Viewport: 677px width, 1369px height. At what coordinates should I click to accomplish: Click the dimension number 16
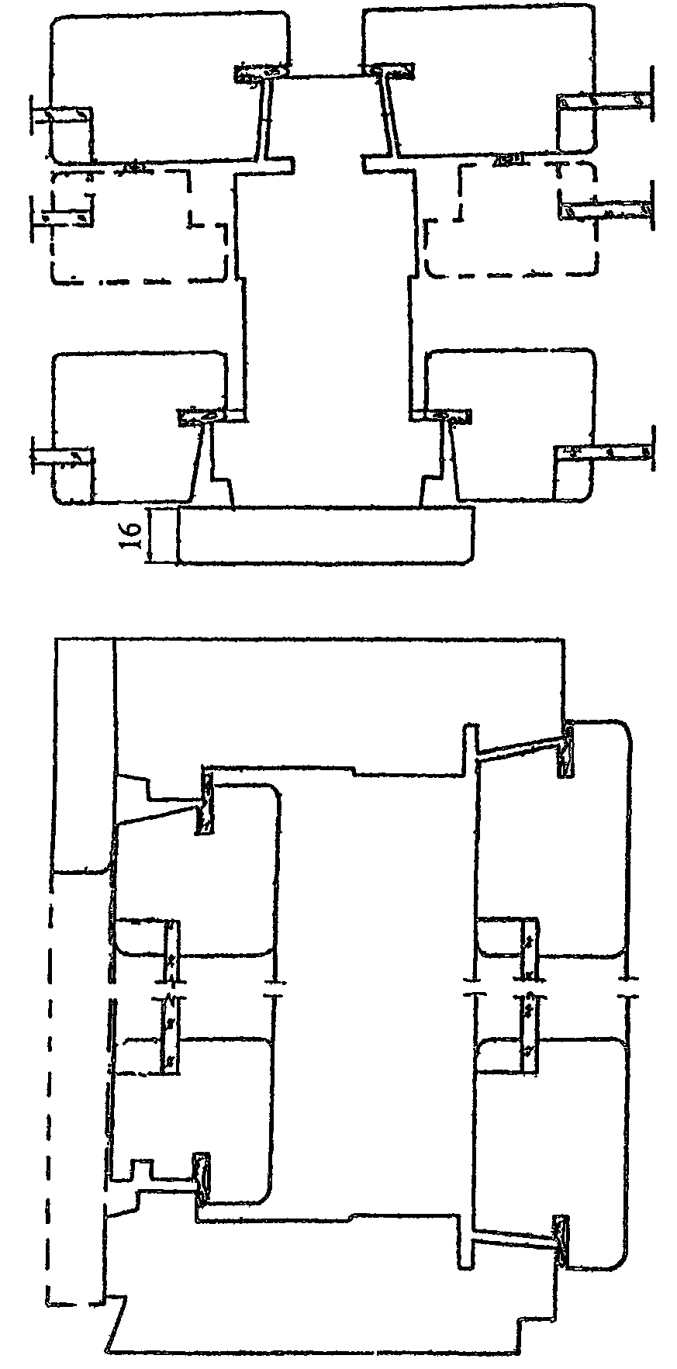pos(131,535)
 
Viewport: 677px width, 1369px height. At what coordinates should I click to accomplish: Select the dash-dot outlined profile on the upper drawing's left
pos(140,225)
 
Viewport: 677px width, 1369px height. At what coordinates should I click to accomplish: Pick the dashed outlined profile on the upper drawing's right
pos(512,221)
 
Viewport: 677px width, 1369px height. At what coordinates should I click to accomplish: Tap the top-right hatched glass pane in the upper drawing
pos(605,101)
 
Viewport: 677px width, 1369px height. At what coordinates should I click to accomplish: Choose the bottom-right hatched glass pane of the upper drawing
pos(605,451)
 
